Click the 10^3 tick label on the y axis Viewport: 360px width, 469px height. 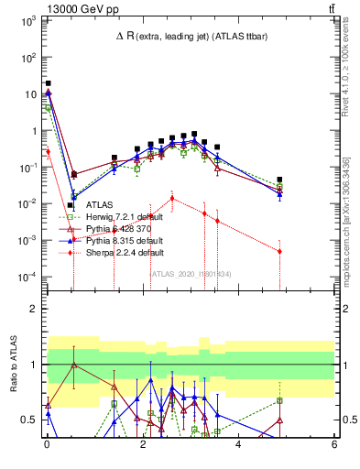point(27,19)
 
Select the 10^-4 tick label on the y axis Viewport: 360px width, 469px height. point(27,277)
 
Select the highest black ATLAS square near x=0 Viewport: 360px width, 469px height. point(48,83)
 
